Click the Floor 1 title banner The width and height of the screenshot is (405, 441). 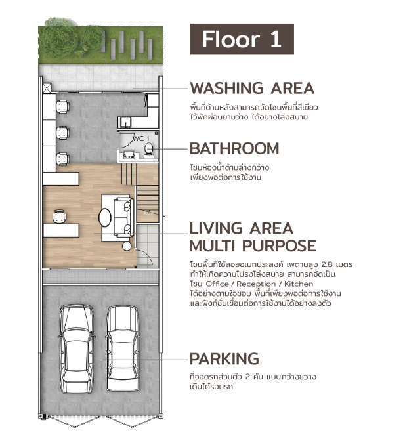[x=242, y=39]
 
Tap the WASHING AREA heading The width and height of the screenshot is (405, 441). [x=252, y=89]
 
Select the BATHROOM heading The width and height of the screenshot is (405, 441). [x=234, y=148]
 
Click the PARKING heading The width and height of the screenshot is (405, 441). [x=224, y=358]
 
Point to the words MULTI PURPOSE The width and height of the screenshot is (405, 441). [x=253, y=246]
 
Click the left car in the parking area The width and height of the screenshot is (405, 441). [x=77, y=349]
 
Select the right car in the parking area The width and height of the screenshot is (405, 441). [x=123, y=348]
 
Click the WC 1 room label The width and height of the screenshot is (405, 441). [x=141, y=138]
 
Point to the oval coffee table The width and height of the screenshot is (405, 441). [x=105, y=217]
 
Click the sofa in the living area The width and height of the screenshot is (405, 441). [x=124, y=217]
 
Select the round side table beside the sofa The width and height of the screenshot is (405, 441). [x=127, y=246]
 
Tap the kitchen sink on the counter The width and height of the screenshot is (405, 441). [x=125, y=122]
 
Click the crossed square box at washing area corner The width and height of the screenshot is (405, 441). [x=47, y=88]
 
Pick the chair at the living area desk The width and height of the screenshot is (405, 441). [x=60, y=217]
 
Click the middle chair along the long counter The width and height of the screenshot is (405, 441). [x=63, y=133]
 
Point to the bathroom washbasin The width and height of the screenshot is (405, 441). [x=129, y=154]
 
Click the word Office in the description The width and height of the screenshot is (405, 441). [x=217, y=283]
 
